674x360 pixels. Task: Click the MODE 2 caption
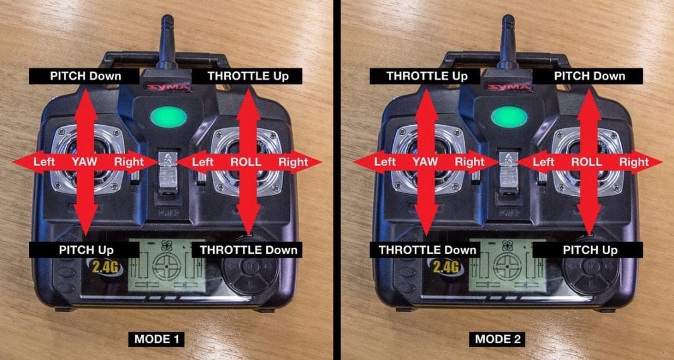coord(497,339)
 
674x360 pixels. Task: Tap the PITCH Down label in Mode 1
coord(86,76)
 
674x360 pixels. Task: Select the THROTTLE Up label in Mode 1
coord(247,76)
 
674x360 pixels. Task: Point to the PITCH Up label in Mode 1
coord(86,249)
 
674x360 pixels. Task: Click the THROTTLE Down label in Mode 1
coord(248,249)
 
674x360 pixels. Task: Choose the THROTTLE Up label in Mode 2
coord(427,76)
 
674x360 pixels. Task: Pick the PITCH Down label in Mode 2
coord(589,76)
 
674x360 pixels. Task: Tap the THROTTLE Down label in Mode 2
coord(427,249)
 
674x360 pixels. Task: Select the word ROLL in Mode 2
coord(588,161)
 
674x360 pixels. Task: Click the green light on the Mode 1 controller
coord(168,116)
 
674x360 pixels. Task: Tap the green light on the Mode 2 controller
coord(509,116)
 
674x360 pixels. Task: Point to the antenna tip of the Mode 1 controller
coord(167,20)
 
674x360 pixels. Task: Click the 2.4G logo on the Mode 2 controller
coord(445,267)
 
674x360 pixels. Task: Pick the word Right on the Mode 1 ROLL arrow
coord(293,161)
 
